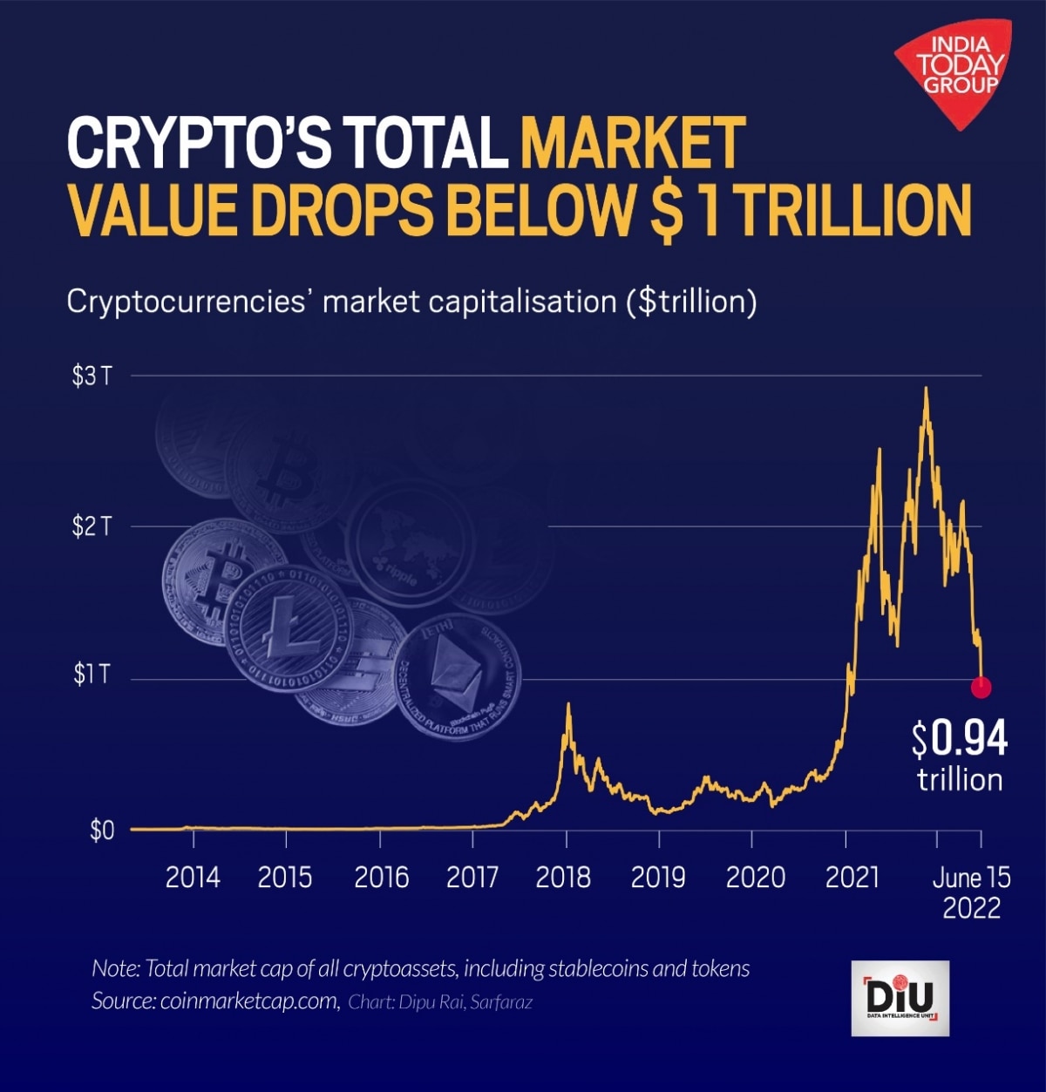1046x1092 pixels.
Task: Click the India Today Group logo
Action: tap(957, 70)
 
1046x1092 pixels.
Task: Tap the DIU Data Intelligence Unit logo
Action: tap(900, 998)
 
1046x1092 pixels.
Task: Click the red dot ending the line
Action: tap(981, 688)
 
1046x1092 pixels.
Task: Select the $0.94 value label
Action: tap(960, 739)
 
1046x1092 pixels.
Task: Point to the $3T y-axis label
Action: tap(92, 376)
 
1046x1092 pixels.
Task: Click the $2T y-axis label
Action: tap(92, 526)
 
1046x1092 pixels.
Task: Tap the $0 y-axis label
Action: tap(102, 830)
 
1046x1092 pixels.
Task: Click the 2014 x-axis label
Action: tap(193, 877)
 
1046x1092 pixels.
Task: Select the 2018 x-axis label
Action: tap(563, 877)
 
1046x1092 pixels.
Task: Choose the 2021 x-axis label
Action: tap(852, 877)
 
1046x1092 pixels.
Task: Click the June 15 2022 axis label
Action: tap(971, 892)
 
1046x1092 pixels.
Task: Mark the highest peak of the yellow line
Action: tap(925, 389)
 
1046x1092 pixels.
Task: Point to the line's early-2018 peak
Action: tap(568, 704)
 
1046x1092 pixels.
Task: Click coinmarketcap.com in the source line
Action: tap(249, 1001)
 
